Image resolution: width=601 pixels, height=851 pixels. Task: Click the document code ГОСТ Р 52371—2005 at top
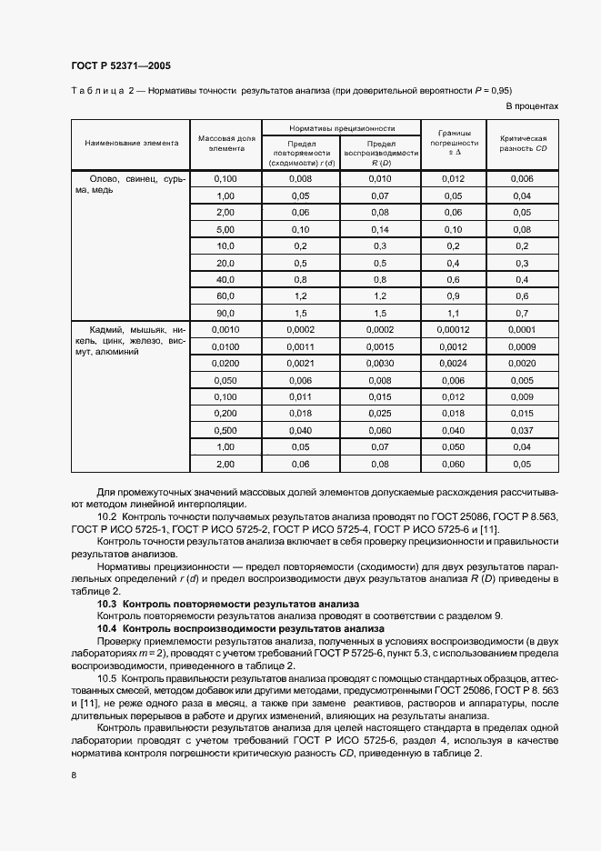(120, 66)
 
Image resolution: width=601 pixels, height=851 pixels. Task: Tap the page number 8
(73, 774)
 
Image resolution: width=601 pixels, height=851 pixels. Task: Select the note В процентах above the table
(532, 106)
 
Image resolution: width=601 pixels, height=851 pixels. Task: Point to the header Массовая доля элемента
(226, 143)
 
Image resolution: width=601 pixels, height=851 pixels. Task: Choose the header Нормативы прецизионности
(341, 129)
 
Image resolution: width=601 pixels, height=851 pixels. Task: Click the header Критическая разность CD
(523, 143)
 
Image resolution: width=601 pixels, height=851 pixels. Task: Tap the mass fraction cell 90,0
(226, 313)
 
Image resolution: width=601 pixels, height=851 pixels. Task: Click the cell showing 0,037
(523, 430)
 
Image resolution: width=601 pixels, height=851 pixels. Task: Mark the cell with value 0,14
(380, 229)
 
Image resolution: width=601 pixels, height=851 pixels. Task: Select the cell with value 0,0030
(380, 363)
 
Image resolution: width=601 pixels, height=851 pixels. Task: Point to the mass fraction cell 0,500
(226, 430)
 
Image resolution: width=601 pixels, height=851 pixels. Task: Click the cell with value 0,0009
(523, 346)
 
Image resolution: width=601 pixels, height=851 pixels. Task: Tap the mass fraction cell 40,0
(226, 279)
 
